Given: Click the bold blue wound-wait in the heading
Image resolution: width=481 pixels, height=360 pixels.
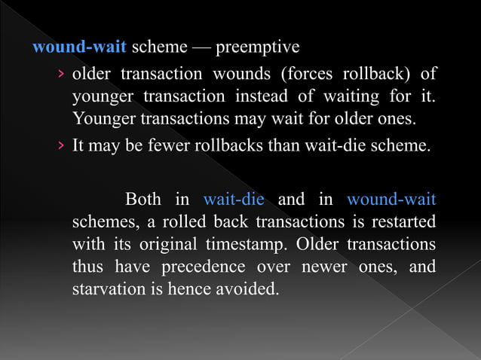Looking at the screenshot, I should click(79, 47).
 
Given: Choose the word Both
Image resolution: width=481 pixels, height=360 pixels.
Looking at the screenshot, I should click(143, 200).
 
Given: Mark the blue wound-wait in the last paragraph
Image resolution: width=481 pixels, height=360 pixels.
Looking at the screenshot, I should click(391, 200).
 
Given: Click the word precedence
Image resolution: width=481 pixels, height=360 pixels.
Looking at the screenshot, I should click(201, 267).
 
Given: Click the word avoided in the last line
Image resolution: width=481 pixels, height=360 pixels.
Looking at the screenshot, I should click(240, 289).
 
